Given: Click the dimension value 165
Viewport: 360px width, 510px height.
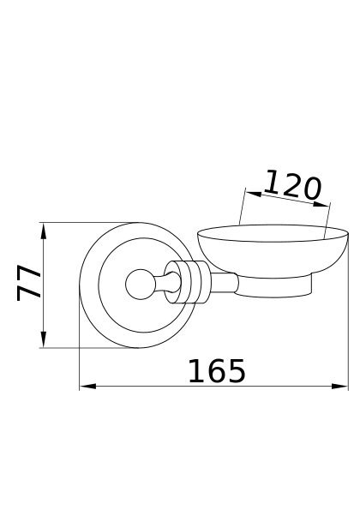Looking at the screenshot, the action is (217, 371).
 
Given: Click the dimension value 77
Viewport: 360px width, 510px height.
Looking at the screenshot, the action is (28, 283).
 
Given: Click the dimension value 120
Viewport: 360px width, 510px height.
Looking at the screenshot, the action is (292, 185).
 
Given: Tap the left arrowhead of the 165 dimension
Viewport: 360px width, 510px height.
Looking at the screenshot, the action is (87, 386).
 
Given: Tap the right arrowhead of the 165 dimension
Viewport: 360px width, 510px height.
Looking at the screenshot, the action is (339, 386).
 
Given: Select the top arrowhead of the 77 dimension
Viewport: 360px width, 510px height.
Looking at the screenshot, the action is (44, 231).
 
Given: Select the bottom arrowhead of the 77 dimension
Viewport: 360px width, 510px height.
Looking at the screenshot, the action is (44, 339).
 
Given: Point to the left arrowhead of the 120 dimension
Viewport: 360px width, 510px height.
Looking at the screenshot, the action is (254, 194).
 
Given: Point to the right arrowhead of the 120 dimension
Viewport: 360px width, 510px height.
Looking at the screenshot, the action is (321, 204).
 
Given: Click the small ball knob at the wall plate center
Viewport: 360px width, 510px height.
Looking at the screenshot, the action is (139, 285).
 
